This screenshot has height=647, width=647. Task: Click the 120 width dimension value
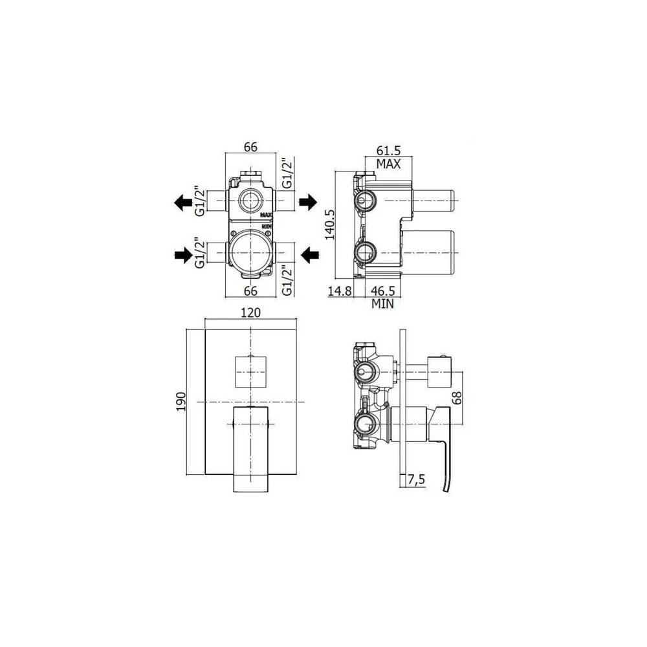click(x=250, y=313)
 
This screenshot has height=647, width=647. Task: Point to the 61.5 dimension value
click(x=388, y=150)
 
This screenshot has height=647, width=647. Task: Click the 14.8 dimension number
click(x=340, y=291)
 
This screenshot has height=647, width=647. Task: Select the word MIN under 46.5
click(x=382, y=303)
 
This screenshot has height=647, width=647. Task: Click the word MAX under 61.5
click(x=388, y=164)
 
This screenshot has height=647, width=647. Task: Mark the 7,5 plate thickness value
click(x=417, y=479)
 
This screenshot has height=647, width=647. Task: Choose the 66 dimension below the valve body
click(x=250, y=291)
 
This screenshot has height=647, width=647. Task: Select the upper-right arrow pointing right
click(x=307, y=203)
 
